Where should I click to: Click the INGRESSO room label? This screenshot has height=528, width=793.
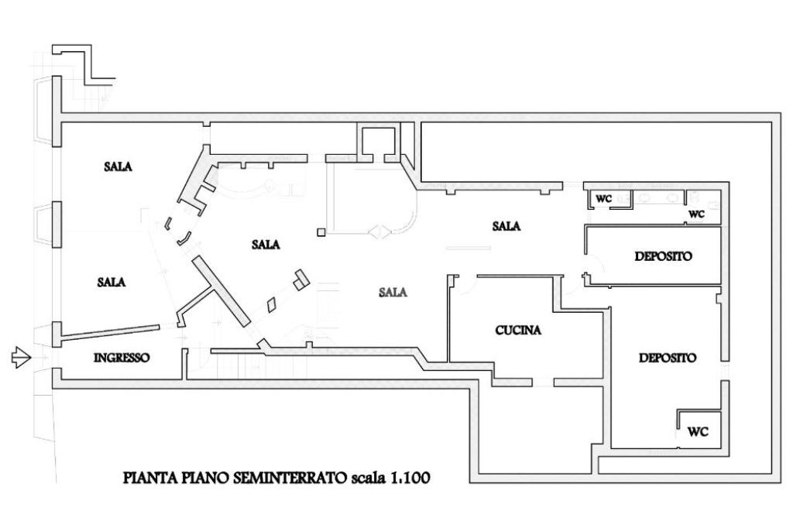[x=122, y=358]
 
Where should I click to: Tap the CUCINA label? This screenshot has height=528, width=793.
[x=518, y=331]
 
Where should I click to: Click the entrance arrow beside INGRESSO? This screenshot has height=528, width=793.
[x=21, y=358]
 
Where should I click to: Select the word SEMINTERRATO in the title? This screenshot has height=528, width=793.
[x=290, y=478]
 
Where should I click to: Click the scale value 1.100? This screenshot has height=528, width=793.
[x=410, y=478]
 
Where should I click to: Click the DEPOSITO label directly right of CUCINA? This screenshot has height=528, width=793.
[x=668, y=358]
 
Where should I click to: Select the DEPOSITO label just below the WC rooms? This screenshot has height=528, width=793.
[x=663, y=256]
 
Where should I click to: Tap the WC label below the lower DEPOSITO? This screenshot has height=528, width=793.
[x=698, y=432]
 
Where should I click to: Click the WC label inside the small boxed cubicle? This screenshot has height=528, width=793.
[x=603, y=199]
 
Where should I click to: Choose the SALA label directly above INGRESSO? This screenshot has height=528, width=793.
[x=112, y=283]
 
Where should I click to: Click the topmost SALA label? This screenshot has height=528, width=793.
[x=118, y=166]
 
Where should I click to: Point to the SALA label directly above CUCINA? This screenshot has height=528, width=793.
[x=506, y=226]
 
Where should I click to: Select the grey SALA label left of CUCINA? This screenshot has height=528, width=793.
[x=393, y=293]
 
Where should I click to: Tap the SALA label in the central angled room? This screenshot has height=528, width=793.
[x=266, y=245]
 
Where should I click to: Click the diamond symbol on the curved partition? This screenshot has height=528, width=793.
[x=379, y=232]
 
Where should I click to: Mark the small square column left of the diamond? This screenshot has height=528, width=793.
[x=321, y=232]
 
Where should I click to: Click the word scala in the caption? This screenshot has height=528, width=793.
[x=368, y=478]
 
